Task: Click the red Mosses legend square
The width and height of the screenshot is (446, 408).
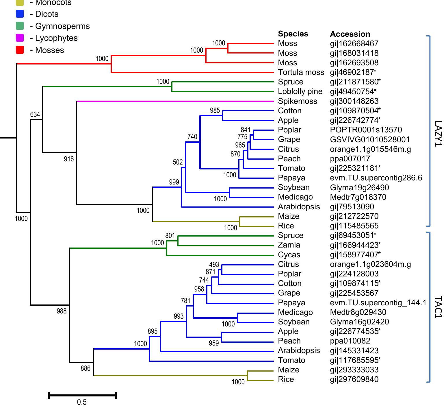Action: click(20, 50)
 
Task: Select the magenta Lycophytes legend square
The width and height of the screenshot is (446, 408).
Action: click(20, 38)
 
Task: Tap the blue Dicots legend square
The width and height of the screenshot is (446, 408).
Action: click(20, 14)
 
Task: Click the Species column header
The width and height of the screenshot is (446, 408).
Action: click(293, 34)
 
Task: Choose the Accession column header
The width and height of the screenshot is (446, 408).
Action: click(350, 34)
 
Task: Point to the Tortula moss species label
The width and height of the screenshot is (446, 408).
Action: click(301, 72)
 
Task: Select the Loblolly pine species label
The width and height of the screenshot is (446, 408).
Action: click(300, 91)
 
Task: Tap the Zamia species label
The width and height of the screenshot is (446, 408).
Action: click(289, 245)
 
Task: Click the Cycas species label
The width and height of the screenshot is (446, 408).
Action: click(289, 255)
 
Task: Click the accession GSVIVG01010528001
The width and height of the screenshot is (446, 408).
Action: click(370, 140)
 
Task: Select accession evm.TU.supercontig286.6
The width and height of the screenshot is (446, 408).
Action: click(376, 178)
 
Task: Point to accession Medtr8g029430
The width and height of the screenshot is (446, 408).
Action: click(358, 312)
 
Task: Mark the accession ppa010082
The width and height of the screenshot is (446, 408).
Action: click(350, 341)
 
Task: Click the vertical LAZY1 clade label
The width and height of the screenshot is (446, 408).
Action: click(438, 134)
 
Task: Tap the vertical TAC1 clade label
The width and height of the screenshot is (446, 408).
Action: click(438, 307)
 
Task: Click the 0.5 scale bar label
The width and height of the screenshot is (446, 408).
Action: click(82, 402)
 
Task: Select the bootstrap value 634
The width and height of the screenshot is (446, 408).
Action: click(35, 115)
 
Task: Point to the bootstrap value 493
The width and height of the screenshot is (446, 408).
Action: click(214, 265)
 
